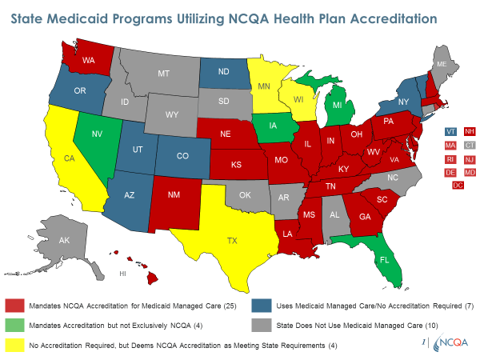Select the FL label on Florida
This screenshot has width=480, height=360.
pos(384,261)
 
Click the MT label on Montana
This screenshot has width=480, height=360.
pos(163,73)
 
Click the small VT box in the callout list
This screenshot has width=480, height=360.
pos(450,132)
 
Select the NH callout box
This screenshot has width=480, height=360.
pos(470,132)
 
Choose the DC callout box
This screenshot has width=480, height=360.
pos(458,186)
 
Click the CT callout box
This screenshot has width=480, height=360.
pos(470,146)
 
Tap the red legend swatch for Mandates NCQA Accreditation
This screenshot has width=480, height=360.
pos(15,305)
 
